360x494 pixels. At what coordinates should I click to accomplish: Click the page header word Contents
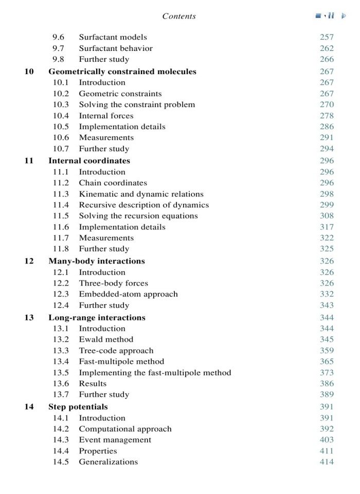coord(178,16)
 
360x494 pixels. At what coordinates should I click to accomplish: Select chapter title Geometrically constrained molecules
coord(122,72)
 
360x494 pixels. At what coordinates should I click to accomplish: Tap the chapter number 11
coord(29,161)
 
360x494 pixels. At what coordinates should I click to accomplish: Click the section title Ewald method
coord(106,339)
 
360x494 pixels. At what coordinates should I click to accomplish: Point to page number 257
coord(327,37)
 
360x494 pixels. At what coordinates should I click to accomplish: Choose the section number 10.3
coord(61,104)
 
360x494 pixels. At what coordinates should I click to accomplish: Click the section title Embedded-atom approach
coord(128,294)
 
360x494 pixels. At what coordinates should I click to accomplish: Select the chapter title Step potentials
coord(78,407)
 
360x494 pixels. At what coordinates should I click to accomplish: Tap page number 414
coord(327,462)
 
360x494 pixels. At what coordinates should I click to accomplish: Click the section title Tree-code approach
coord(109,350)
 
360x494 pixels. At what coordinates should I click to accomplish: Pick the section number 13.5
coord(61,373)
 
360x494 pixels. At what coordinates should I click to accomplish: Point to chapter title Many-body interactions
coord(97,261)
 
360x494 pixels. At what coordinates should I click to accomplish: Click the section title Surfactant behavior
coord(116,48)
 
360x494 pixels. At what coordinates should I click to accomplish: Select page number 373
coord(327,373)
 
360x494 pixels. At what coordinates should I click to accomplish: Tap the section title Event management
coord(115,439)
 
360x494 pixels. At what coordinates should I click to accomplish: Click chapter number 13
coord(29,317)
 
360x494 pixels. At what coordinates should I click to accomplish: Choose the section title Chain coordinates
coord(113,183)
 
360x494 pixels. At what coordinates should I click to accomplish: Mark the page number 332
coord(327,294)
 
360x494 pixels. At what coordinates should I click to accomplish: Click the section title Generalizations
coord(109,462)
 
